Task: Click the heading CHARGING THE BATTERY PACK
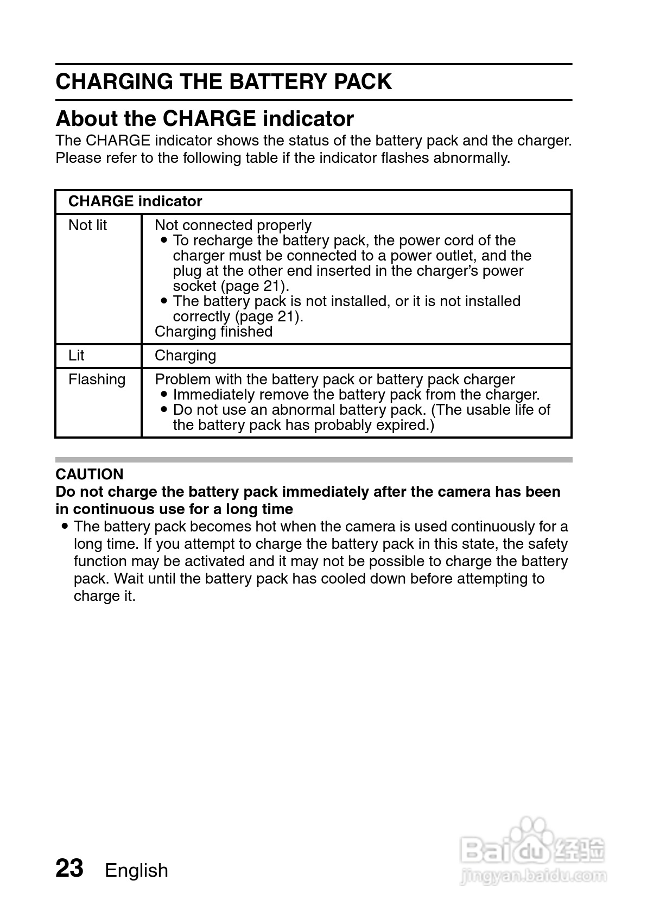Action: (223, 81)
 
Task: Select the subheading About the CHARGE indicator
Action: (205, 118)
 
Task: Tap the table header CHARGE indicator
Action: (135, 201)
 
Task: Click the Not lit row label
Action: (87, 225)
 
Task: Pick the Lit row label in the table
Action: (76, 356)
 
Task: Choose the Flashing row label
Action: (97, 379)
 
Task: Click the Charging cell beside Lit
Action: (185, 356)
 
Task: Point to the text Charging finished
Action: (213, 332)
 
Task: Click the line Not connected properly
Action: (233, 225)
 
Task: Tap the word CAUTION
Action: (90, 474)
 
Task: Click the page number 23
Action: (69, 868)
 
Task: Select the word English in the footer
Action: (136, 870)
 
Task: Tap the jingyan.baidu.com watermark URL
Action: (532, 875)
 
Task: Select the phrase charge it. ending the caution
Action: (104, 596)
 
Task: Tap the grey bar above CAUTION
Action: (314, 460)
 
